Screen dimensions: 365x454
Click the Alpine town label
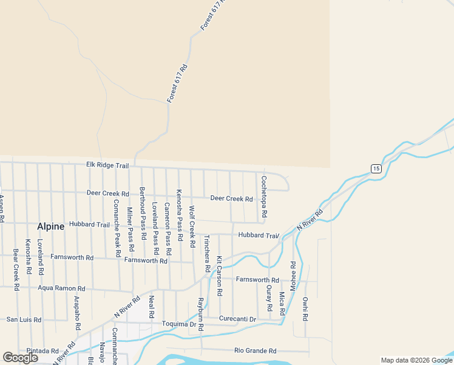(50, 226)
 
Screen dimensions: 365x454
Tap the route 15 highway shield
(376, 169)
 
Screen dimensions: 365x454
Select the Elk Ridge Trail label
(107, 165)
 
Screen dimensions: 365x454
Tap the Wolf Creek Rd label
(192, 226)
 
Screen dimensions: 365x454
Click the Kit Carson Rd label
(219, 276)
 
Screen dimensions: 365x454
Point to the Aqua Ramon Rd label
(61, 288)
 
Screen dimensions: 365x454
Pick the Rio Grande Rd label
(256, 350)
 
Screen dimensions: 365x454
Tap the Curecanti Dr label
(238, 319)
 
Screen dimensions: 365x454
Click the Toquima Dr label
(179, 324)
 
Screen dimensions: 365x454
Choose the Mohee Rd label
(293, 277)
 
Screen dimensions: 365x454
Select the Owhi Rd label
(305, 308)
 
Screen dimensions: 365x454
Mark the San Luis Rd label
(24, 319)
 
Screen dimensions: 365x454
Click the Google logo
(20, 358)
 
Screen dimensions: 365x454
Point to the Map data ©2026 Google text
(416, 360)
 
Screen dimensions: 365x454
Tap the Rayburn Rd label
(200, 315)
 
